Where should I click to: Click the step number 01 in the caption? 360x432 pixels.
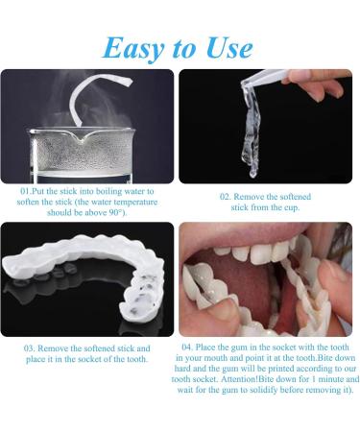coord(26,192)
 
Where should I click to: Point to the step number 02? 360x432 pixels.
coord(226,197)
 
